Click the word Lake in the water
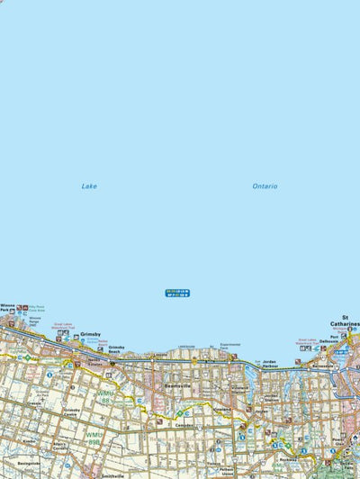[89, 186]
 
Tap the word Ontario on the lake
[265, 186]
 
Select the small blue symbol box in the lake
[177, 293]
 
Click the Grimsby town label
[90, 334]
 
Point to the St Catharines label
[345, 320]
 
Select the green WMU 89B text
[94, 437]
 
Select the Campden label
[184, 424]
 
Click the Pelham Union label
[227, 471]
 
